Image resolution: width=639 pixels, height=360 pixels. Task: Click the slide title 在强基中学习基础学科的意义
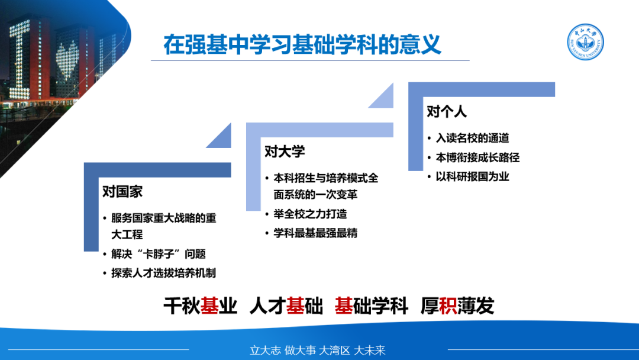pos(302,44)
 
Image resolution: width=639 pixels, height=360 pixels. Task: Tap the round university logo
pos(585,42)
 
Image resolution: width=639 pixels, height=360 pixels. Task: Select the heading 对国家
pos(122,191)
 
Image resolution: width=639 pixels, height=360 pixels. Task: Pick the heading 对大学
pos(285,151)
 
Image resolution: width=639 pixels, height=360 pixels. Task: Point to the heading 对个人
pos(447,111)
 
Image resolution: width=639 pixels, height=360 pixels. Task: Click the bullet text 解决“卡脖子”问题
pos(159,254)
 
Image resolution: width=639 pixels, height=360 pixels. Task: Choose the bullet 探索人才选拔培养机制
pos(163,273)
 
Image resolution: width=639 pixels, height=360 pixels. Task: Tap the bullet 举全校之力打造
pos(310,214)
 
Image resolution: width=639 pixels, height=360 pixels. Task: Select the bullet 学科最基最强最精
pos(315,233)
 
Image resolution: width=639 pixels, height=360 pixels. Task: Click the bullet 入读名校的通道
pos(472,138)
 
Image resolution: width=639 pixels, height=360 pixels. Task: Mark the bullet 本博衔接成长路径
pos(477,157)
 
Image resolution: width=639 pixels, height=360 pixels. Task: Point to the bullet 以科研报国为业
pos(472,176)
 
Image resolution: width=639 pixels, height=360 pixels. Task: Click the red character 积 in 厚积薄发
pos(448,306)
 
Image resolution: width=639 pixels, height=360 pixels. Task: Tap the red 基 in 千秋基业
pos(209,306)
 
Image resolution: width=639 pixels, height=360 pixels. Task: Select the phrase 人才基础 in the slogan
pos(286,306)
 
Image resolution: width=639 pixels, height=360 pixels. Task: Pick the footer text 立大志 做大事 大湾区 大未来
pos(318,350)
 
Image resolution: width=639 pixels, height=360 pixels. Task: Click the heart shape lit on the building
pos(68,60)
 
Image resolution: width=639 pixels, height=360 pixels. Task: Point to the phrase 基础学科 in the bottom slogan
pos(371,306)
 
